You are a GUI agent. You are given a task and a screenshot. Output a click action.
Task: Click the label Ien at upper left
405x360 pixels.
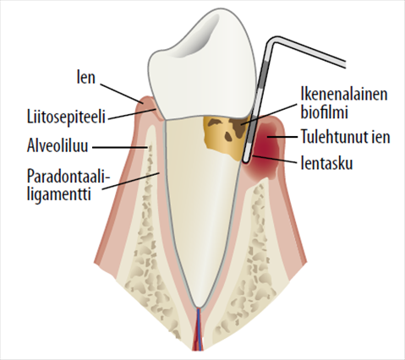coord(86,77)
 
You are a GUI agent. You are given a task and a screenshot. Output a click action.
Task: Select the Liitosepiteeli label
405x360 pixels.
coord(66,117)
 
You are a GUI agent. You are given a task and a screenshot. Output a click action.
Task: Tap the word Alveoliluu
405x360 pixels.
coord(57,146)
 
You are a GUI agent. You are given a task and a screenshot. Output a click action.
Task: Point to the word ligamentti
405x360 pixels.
coord(59,194)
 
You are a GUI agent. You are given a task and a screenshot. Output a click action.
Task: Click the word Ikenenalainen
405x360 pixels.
coord(344,94)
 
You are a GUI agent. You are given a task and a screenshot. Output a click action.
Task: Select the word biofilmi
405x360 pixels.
coord(325,112)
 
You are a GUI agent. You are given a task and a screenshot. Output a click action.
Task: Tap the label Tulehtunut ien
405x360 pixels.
coord(346,137)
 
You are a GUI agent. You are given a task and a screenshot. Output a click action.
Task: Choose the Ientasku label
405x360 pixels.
coord(326,163)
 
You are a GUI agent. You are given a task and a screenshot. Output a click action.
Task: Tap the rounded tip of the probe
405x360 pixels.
coord(245,161)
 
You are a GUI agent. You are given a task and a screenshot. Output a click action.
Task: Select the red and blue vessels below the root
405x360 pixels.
coord(199,329)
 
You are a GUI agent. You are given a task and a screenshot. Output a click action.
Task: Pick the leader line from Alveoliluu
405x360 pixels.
coord(120,147)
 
